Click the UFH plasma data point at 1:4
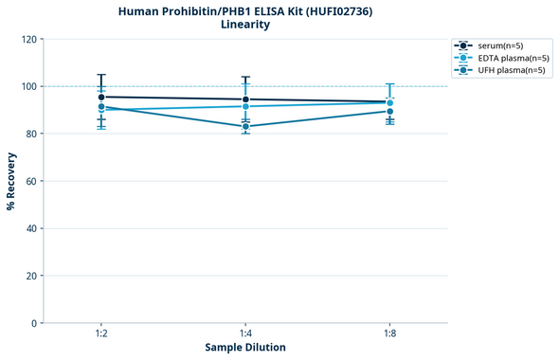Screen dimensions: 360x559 (x=245, y=126)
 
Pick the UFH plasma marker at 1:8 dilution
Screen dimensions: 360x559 (x=389, y=112)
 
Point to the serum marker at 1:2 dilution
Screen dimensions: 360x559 (x=101, y=97)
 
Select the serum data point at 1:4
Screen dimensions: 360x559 (x=245, y=99)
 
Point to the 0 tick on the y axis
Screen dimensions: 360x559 (x=33, y=323)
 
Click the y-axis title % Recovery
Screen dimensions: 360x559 (x=11, y=181)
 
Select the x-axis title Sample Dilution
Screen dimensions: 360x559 (x=245, y=348)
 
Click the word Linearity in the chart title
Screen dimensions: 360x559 (x=244, y=25)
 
